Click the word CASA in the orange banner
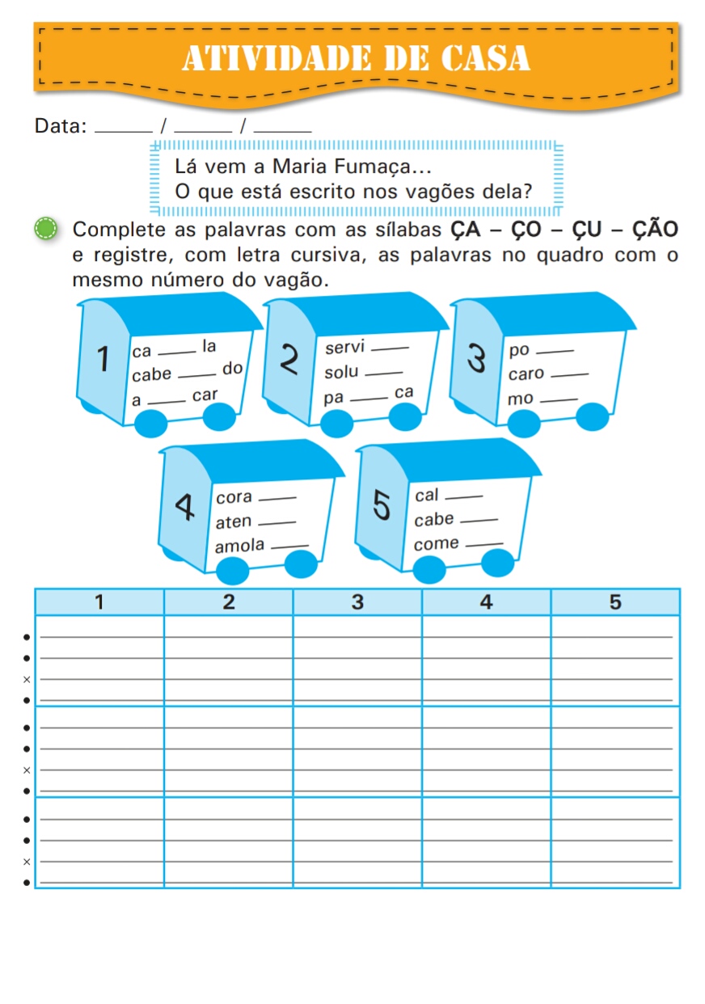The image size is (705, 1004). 485,57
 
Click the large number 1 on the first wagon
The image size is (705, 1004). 103,360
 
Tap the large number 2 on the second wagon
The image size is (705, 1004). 289,359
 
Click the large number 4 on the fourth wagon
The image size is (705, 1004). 185,508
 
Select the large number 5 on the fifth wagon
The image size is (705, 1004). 382,504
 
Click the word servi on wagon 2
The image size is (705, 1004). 344,348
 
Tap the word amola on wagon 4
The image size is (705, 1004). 239,546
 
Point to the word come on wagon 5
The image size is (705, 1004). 436,544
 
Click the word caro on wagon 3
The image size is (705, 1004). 526,375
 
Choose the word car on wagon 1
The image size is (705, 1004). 205,396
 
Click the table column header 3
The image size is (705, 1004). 357,602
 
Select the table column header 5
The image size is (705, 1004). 615,602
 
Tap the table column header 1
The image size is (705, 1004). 99,602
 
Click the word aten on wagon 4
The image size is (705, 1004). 234,522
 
